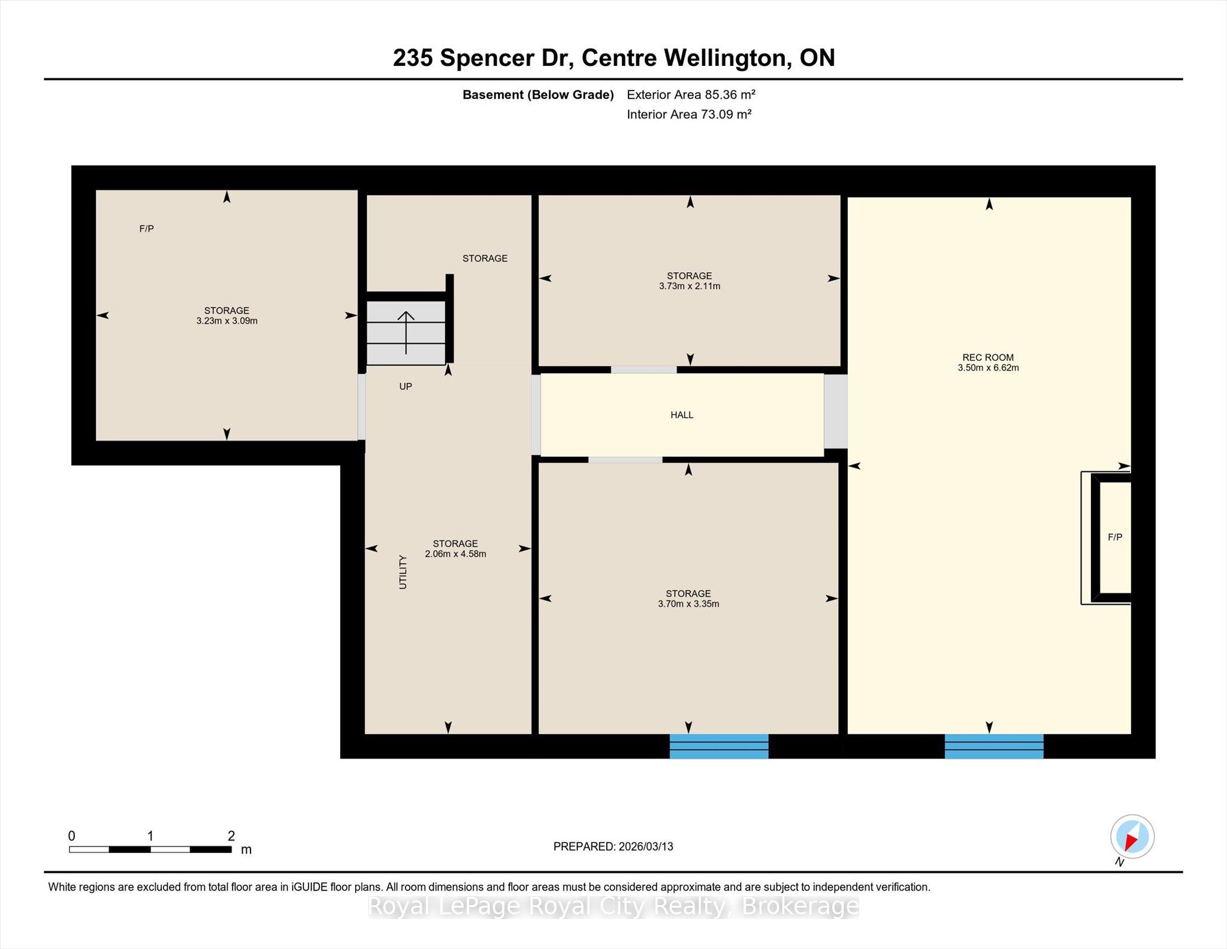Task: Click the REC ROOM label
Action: click(988, 357)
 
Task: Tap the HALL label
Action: click(682, 415)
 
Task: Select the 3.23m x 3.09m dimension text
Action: click(227, 321)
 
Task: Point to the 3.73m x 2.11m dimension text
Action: click(690, 286)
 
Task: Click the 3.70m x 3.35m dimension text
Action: click(688, 604)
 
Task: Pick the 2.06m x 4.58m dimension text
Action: click(455, 554)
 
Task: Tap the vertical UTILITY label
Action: click(403, 572)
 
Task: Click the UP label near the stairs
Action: click(406, 387)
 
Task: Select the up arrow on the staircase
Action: click(406, 332)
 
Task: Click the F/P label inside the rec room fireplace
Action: click(1114, 537)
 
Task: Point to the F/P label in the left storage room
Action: click(147, 228)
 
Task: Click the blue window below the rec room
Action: click(994, 746)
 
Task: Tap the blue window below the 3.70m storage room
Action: click(719, 746)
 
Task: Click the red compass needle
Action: click(1132, 841)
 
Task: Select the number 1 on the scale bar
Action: click(150, 836)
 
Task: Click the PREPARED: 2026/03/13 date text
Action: click(613, 846)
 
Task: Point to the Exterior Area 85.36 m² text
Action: click(691, 95)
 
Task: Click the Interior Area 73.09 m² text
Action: click(689, 115)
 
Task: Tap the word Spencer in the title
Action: click(487, 59)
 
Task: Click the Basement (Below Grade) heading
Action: click(538, 95)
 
